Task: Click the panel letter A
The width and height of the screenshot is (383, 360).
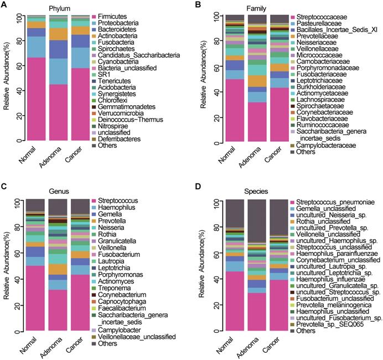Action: coord(4,5)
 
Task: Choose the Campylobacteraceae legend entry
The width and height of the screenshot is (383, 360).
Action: coord(324,145)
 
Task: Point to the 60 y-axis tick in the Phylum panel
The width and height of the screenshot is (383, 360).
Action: coord(18,65)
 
